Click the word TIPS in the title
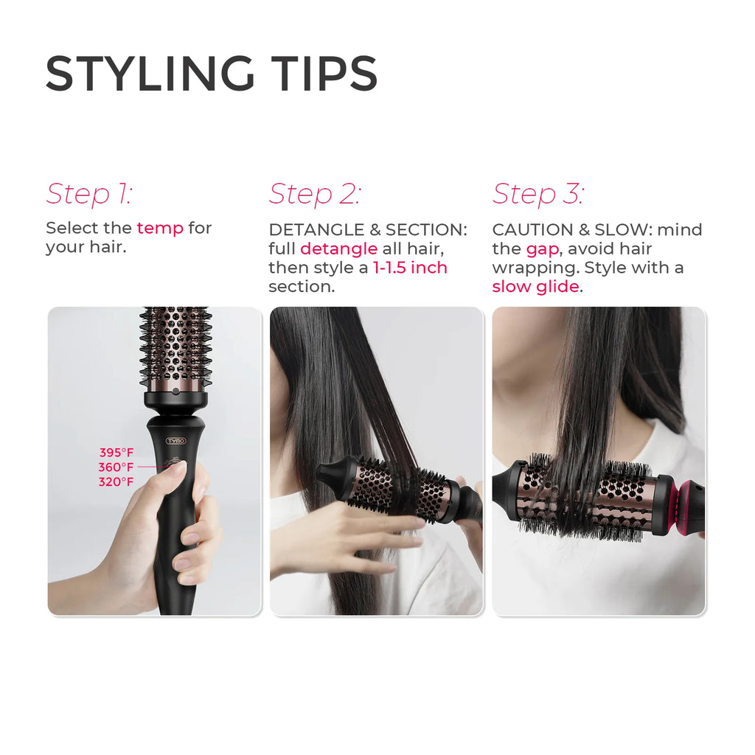point(322,74)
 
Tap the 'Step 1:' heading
point(89,194)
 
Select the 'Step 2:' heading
point(315,194)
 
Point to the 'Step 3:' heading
point(538,194)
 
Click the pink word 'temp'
point(160,228)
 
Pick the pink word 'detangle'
point(338,248)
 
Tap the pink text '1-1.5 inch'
point(410,268)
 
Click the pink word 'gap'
point(542,248)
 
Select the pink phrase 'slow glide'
point(535,287)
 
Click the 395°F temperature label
point(116,453)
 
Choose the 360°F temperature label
point(116,467)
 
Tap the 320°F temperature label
point(116,482)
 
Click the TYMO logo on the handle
point(175,441)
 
